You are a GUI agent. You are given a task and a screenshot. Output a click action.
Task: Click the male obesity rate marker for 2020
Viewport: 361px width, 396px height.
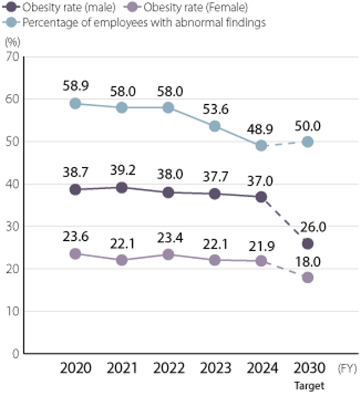tap(75, 190)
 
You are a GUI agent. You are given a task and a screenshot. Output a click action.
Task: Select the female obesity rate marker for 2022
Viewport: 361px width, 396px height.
tap(168, 255)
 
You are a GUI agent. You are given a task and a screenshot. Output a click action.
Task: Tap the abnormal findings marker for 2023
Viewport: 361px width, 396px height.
tap(214, 126)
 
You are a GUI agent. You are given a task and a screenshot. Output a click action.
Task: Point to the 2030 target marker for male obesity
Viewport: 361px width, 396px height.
tap(308, 244)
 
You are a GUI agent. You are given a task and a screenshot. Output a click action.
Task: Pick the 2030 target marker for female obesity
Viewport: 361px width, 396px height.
tap(308, 277)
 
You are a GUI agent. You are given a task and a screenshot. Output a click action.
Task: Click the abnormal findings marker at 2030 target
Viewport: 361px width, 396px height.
tap(308, 142)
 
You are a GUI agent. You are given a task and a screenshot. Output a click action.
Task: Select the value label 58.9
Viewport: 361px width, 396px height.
tap(75, 86)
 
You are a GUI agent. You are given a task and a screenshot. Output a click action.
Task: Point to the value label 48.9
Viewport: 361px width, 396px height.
tap(261, 127)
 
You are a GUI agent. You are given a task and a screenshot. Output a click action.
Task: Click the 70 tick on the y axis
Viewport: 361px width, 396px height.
tap(13, 57)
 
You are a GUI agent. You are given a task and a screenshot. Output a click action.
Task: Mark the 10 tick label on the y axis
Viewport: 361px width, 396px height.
tap(13, 311)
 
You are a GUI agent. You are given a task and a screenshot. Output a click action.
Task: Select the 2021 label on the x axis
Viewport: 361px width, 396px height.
tap(122, 369)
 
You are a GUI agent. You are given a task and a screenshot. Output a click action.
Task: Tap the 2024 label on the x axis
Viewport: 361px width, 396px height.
tap(261, 369)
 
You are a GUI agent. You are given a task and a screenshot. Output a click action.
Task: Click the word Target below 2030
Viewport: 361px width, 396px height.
tap(308, 386)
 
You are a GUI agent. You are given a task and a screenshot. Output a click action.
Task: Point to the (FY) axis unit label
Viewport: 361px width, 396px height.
tap(347, 369)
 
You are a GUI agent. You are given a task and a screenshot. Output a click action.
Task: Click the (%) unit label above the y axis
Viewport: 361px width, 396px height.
tap(12, 42)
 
